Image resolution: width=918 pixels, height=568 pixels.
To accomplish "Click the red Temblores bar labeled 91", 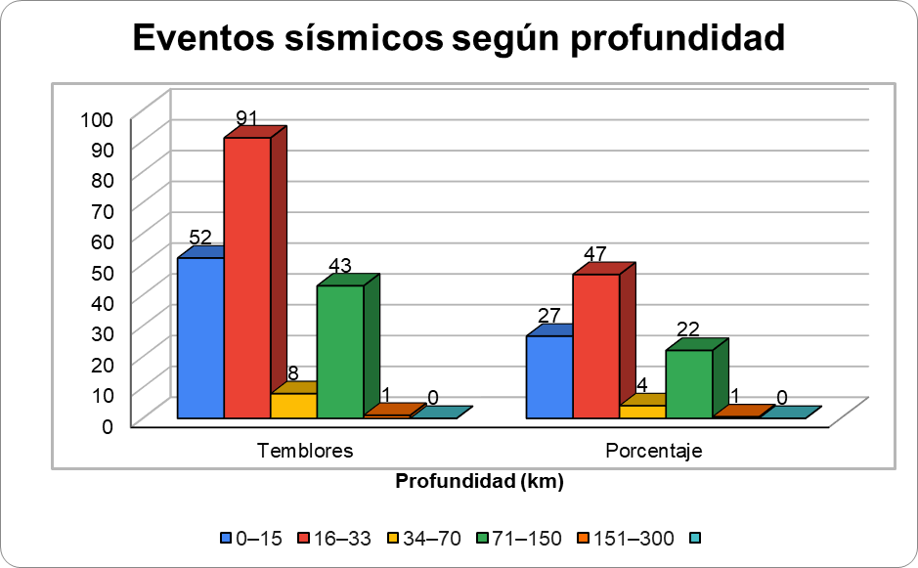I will pos(246,279).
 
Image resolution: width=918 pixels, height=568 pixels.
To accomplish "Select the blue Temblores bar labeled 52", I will pos(200,338).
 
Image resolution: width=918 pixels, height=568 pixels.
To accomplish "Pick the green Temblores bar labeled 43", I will pos(340,352).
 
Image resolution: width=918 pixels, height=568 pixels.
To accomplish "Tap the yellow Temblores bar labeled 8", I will pos(293,406).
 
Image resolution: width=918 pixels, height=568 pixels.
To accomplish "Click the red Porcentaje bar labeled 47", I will pos(595,346).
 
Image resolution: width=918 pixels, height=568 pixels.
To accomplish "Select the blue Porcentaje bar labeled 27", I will pos(549,377).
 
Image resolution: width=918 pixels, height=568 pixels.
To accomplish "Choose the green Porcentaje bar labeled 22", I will pos(689,384).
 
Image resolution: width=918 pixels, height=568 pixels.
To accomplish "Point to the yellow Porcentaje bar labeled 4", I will pos(642,412).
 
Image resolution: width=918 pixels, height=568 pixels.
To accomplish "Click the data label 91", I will pos(246,118).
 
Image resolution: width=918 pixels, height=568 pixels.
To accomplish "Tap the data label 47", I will pos(595,254).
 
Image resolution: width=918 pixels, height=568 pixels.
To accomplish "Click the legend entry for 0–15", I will pos(250,538).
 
